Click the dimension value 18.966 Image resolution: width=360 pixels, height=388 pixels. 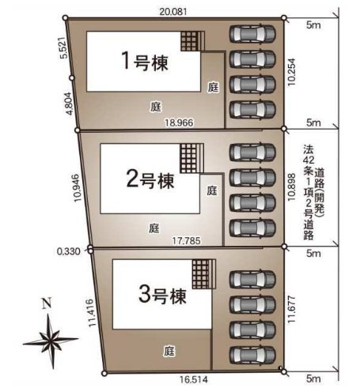point(179,122)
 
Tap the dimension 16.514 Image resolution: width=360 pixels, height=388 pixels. point(184,379)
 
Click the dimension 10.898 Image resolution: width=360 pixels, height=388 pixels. point(293,188)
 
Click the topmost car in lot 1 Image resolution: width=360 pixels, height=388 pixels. point(252,34)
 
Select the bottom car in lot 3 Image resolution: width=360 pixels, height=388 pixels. point(252,352)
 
